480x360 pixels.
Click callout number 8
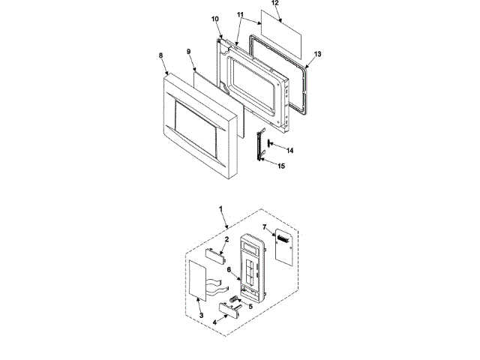[x=160, y=56]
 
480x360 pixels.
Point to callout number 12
[x=274, y=4]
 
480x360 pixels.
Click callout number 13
[x=317, y=55]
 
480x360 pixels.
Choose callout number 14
[x=289, y=150]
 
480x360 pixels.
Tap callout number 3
[x=200, y=316]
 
